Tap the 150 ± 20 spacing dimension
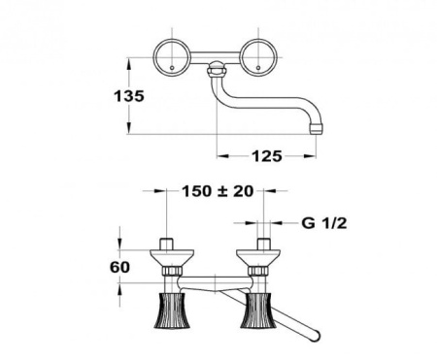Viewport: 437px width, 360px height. pos(217,191)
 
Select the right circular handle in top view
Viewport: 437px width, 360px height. pos(261,56)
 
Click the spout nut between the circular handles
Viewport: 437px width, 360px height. pos(218,70)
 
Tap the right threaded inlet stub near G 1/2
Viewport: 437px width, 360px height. pos(262,242)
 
